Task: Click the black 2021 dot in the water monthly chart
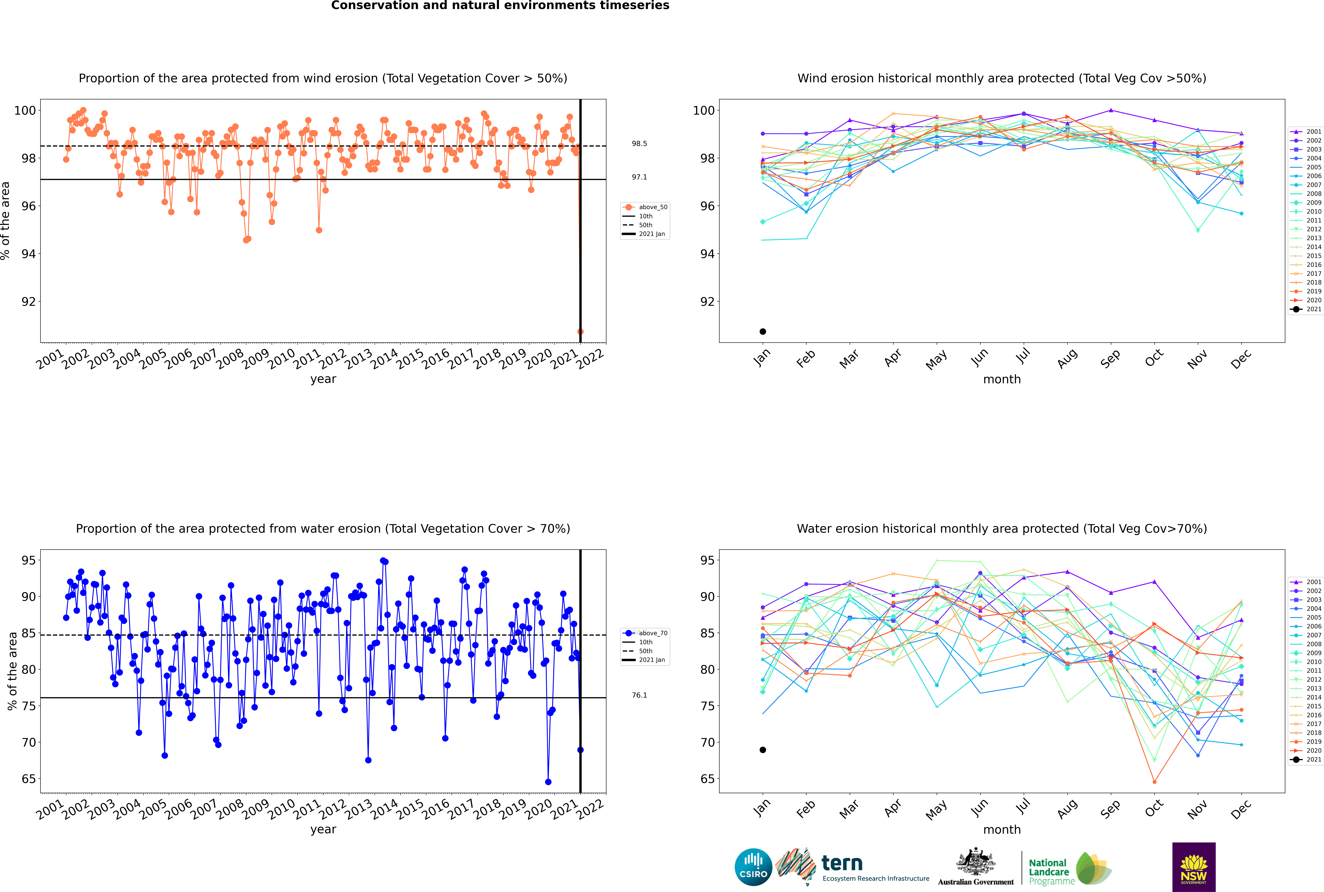(x=763, y=750)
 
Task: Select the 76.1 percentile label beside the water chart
(x=639, y=695)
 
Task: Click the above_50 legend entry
(x=645, y=207)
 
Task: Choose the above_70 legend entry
(x=645, y=633)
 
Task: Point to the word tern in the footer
(x=842, y=864)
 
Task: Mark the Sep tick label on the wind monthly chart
(x=1110, y=358)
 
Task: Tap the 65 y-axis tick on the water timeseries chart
(x=28, y=779)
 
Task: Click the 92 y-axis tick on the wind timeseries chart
(x=28, y=302)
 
